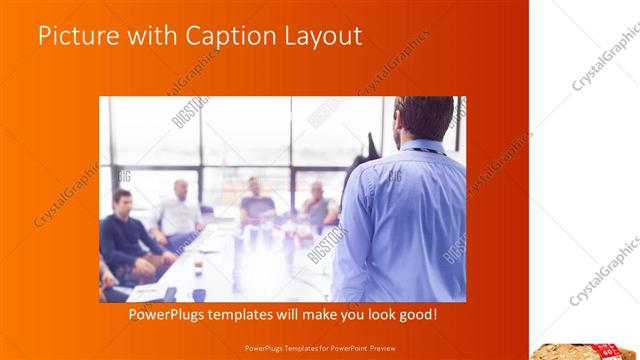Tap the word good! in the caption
click(416, 315)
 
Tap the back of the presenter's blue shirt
click(404, 220)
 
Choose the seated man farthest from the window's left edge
click(319, 204)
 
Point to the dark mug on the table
click(198, 294)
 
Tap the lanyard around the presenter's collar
click(425, 149)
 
